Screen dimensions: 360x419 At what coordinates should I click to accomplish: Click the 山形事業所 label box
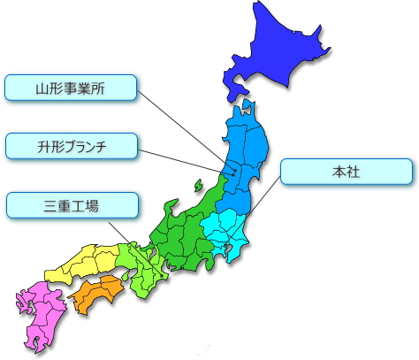72,88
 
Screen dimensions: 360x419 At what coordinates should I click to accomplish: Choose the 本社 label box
346,172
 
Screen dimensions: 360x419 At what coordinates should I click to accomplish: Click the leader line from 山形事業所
181,124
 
